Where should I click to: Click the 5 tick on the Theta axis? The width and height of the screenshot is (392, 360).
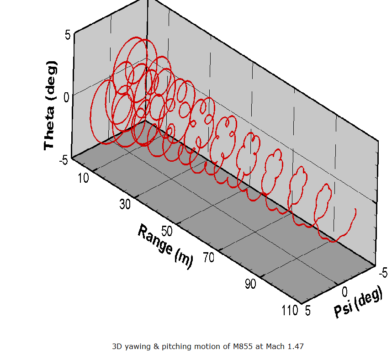point(67,35)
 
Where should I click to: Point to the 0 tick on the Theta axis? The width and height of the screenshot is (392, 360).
point(67,97)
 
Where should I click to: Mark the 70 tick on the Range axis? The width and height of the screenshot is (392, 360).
point(208,257)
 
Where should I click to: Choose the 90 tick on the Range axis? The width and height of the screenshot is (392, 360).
point(250,284)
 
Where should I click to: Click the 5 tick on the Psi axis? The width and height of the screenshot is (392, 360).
point(307,311)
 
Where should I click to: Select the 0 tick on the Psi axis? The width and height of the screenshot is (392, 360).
point(345,292)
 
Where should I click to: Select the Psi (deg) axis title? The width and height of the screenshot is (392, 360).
point(358,304)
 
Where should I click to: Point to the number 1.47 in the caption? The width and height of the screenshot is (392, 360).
point(295,347)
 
